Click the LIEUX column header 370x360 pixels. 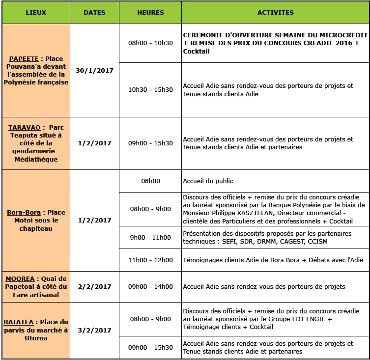pyautogui.click(x=36, y=12)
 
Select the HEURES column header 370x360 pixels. pyautogui.click(x=150, y=12)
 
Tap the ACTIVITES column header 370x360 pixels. pyautogui.click(x=275, y=12)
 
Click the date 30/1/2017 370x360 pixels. pyautogui.click(x=94, y=70)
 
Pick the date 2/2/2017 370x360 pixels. pyautogui.click(x=94, y=286)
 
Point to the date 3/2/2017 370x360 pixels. pyautogui.click(x=94, y=330)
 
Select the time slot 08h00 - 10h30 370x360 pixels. pyautogui.click(x=150, y=43)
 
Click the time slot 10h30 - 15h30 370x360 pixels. pyautogui.click(x=150, y=89)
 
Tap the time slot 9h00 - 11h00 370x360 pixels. pyautogui.click(x=150, y=238)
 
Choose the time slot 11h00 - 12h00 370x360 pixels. pyautogui.click(x=150, y=260)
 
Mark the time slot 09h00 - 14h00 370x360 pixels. pyautogui.click(x=150, y=286)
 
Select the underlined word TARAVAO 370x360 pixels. pyautogui.click(x=24, y=127)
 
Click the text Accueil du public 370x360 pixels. pyautogui.click(x=208, y=181)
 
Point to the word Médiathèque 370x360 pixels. pyautogui.click(x=36, y=159)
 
